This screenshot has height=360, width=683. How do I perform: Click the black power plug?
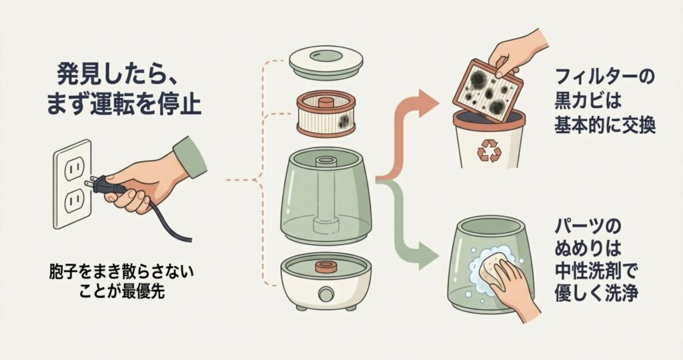click(106, 185)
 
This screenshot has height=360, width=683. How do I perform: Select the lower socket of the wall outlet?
click(73, 200)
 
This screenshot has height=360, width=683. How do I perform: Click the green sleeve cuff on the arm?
click(190, 157)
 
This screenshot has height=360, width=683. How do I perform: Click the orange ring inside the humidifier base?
click(325, 267)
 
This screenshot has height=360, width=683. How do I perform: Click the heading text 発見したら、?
click(117, 75)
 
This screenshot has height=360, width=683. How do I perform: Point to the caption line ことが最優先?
click(122, 291)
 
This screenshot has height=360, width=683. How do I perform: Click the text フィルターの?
click(604, 77)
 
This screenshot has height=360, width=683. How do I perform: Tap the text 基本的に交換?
click(604, 126)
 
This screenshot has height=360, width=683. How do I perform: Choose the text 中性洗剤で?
click(596, 271)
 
